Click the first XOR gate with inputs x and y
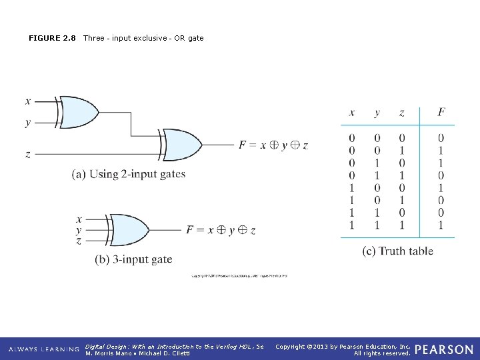pos(79,112)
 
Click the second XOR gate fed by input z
pos(182,145)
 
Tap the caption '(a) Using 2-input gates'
pos(129,175)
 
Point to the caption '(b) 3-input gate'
pos(133,259)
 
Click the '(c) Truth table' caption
pos(397,251)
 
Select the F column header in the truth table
pos(441,113)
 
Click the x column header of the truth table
pos(352,113)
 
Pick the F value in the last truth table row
pos(441,225)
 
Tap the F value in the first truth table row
pos(441,138)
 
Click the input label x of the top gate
pos(27,101)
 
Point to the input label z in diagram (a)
pos(27,154)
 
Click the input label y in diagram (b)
pos(79,230)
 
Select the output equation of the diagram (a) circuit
pos(273,145)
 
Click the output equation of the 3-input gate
pos(221,230)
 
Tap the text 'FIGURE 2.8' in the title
pos(52,38)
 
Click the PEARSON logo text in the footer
pos(444,349)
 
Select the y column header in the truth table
pos(377,113)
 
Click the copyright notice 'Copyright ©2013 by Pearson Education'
pos(343,346)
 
